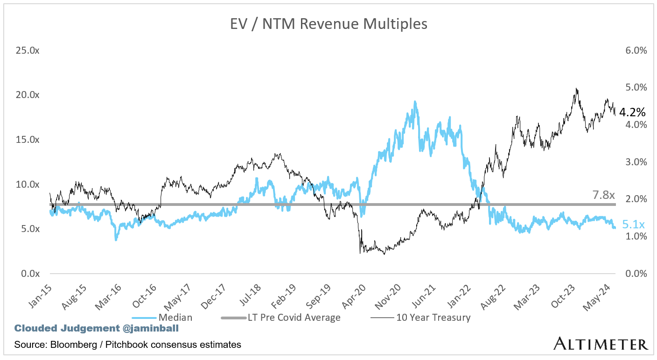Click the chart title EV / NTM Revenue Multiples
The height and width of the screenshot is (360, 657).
[328, 24]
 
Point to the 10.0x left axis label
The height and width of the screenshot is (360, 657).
[28, 184]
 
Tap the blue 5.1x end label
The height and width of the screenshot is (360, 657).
[634, 225]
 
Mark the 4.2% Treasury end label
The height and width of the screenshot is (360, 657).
[632, 112]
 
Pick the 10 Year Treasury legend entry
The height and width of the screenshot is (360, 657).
[433, 318]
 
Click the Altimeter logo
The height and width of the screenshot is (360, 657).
[601, 344]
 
